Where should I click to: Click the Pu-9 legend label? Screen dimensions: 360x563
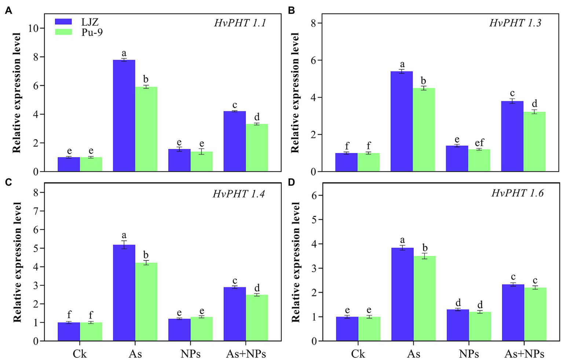tap(92, 32)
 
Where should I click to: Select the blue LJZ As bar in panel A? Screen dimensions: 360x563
tap(124, 116)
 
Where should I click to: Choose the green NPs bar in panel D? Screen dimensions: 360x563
tap(480, 326)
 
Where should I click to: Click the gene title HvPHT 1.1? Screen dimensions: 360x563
tap(240, 23)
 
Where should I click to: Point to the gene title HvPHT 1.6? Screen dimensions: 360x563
tap(517, 193)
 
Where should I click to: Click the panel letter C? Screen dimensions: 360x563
tap(8, 182)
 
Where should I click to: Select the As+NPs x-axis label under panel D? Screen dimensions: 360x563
tap(524, 354)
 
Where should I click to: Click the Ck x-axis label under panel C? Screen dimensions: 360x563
tap(80, 354)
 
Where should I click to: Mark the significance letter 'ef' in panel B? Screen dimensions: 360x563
tap(479, 142)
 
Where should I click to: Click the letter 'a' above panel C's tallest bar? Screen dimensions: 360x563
tap(124, 235)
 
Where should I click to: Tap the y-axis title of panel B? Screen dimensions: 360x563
tap(295, 92)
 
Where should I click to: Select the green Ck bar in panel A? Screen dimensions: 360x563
tap(91, 164)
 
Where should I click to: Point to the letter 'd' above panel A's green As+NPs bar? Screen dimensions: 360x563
tap(257, 117)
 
